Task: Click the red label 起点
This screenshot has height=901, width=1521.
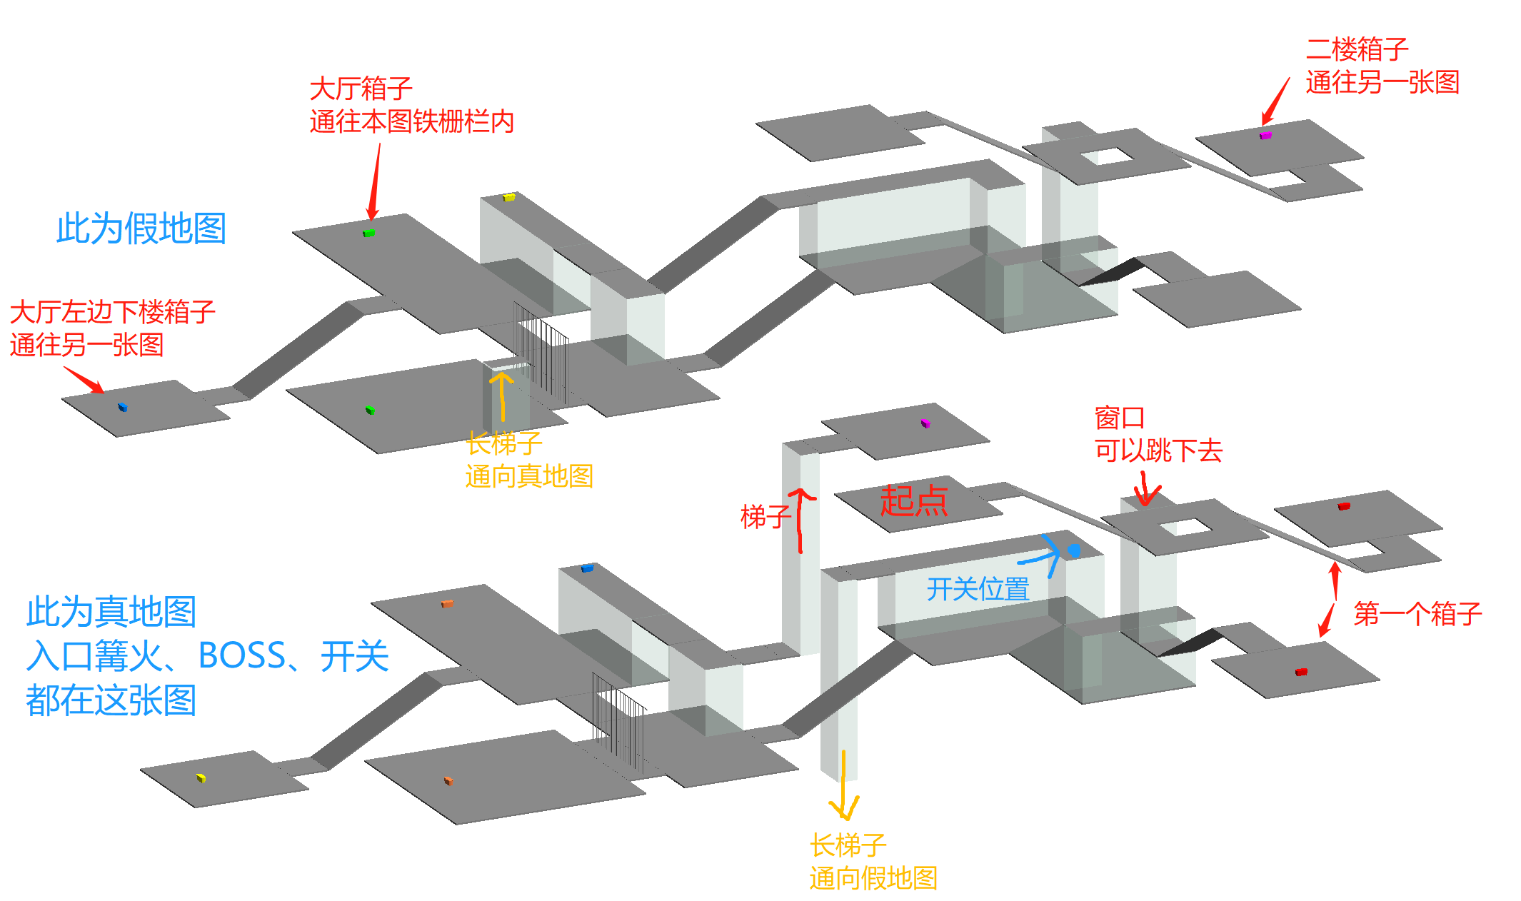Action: (x=914, y=500)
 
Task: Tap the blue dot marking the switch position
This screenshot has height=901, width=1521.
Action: (x=1074, y=550)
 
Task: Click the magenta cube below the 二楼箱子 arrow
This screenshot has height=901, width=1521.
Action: (x=1265, y=134)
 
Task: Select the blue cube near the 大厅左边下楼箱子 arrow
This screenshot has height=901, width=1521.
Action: (x=122, y=407)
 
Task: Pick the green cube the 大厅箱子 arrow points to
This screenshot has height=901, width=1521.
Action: (x=369, y=233)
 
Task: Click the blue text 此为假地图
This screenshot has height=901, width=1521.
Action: (x=141, y=228)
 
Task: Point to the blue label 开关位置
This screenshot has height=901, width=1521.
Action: (x=978, y=589)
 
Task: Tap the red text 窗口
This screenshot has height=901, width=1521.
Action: (x=1120, y=418)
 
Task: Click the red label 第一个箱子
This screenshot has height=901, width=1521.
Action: (x=1417, y=614)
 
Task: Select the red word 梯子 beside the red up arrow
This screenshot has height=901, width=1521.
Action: (x=765, y=516)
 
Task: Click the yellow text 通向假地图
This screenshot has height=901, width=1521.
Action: (x=873, y=878)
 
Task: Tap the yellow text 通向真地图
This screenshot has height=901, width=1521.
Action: (x=529, y=476)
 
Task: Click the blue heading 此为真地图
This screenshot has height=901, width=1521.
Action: (x=111, y=612)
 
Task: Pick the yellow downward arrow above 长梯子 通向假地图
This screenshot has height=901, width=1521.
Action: (x=844, y=785)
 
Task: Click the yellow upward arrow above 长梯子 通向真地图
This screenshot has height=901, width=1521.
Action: (x=502, y=397)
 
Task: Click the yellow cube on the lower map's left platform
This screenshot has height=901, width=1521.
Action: (x=201, y=777)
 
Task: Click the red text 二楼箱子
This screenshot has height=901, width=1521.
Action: (x=1357, y=49)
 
